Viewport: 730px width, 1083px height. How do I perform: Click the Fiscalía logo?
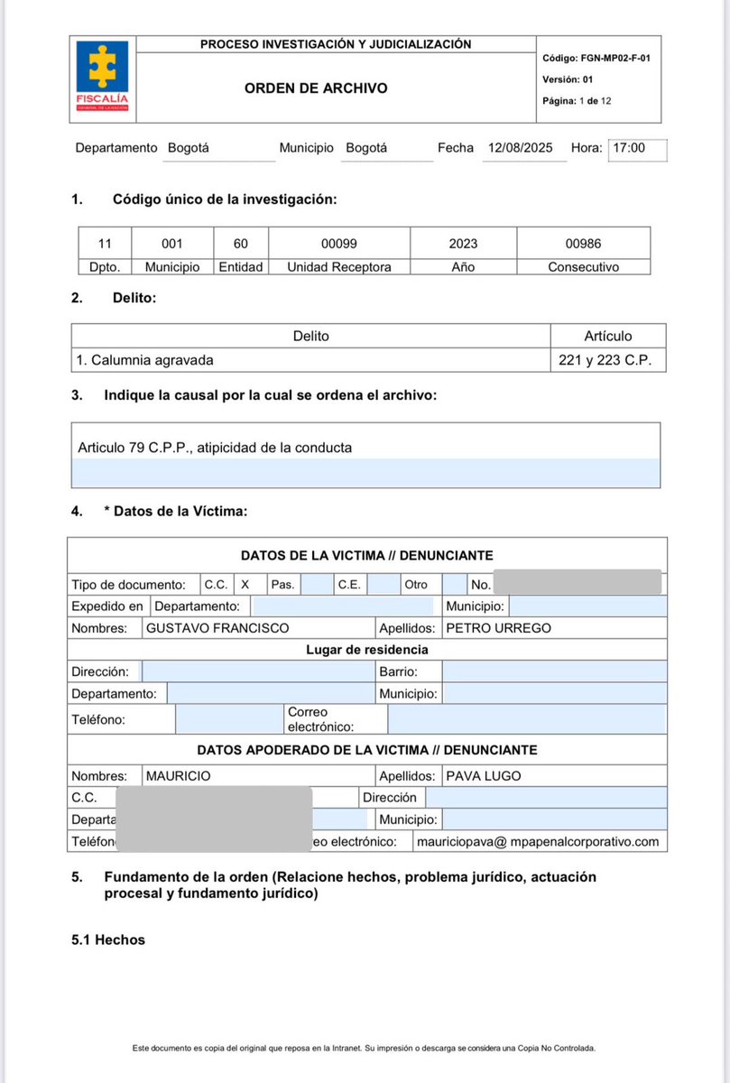point(102,79)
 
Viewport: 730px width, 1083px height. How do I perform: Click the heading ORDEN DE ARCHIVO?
point(316,88)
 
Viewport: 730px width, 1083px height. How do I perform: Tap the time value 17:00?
point(629,148)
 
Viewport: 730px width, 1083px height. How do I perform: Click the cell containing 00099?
point(339,244)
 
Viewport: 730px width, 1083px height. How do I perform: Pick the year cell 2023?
point(463,244)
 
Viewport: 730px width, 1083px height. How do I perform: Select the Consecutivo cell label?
point(583,267)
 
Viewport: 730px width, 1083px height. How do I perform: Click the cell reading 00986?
point(583,244)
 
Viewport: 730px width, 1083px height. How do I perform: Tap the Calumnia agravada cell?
point(145,359)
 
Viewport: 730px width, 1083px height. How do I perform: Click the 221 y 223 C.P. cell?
point(607,359)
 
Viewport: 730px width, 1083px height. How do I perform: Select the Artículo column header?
point(607,336)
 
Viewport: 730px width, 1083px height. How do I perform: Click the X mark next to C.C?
point(245,585)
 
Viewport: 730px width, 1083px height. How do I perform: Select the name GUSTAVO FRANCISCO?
point(217,628)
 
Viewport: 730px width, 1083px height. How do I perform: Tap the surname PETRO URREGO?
point(498,628)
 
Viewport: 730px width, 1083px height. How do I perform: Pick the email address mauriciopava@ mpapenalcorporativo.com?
point(539,842)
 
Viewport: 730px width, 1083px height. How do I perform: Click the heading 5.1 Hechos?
point(108,940)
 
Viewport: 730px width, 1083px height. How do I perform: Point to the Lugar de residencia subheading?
point(366,649)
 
